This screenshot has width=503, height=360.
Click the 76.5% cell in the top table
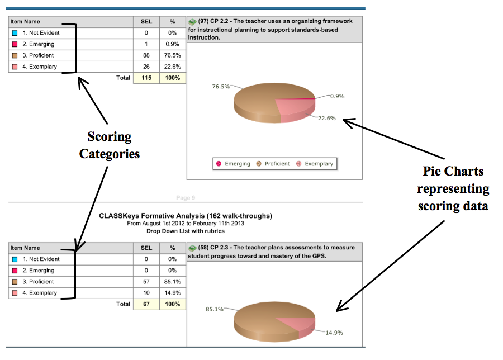pyautogui.click(x=173, y=55)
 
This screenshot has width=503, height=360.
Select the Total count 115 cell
pyautogui.click(x=146, y=78)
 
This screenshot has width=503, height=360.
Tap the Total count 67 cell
pyautogui.click(x=146, y=304)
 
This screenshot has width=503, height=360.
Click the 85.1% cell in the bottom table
pyautogui.click(x=173, y=282)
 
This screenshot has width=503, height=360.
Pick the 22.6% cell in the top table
pyautogui.click(x=173, y=67)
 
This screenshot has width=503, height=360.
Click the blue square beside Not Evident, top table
pyautogui.click(x=15, y=33)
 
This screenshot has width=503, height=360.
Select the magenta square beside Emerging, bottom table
pyautogui.click(x=15, y=271)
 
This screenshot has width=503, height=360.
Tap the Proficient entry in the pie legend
pyautogui.click(x=273, y=164)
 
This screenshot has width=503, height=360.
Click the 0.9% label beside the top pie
pyautogui.click(x=338, y=96)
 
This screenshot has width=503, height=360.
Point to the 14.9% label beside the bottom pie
pyautogui.click(x=334, y=333)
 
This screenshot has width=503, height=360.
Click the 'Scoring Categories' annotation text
pyautogui.click(x=110, y=145)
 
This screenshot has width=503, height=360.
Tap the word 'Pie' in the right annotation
pyautogui.click(x=433, y=171)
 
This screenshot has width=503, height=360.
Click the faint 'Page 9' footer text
pyautogui.click(x=186, y=198)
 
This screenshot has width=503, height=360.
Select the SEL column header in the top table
pyautogui.click(x=146, y=22)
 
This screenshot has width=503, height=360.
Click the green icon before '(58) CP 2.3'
pyautogui.click(x=192, y=248)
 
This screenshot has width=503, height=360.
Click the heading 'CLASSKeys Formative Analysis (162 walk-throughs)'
pyautogui.click(x=186, y=216)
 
